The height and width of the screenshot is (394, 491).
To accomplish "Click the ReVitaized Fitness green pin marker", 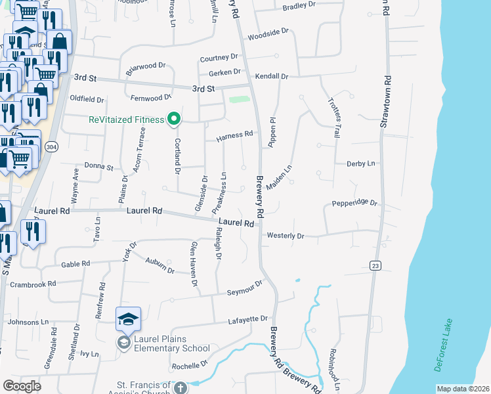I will click(174, 119).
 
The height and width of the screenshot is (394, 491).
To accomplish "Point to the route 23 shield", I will click(375, 265).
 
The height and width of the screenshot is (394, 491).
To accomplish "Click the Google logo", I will click(22, 386).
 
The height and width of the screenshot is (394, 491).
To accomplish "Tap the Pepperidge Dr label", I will click(355, 204).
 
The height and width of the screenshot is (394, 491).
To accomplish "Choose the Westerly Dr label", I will click(286, 236).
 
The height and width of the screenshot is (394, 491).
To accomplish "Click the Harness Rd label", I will click(234, 135).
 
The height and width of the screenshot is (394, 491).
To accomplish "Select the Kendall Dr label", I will click(272, 77).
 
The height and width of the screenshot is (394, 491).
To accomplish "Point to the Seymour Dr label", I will click(245, 288).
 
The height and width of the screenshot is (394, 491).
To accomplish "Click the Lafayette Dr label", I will click(248, 320).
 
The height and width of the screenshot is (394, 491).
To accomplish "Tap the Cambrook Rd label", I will click(33, 284).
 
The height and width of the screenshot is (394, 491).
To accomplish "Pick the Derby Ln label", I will click(361, 163).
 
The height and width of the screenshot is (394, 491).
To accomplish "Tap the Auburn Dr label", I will click(160, 265).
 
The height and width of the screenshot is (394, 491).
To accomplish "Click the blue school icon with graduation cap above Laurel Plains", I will click(128, 319).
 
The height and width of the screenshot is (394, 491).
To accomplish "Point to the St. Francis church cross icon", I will click(179, 387).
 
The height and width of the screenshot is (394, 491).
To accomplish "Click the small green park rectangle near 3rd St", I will click(240, 100).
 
